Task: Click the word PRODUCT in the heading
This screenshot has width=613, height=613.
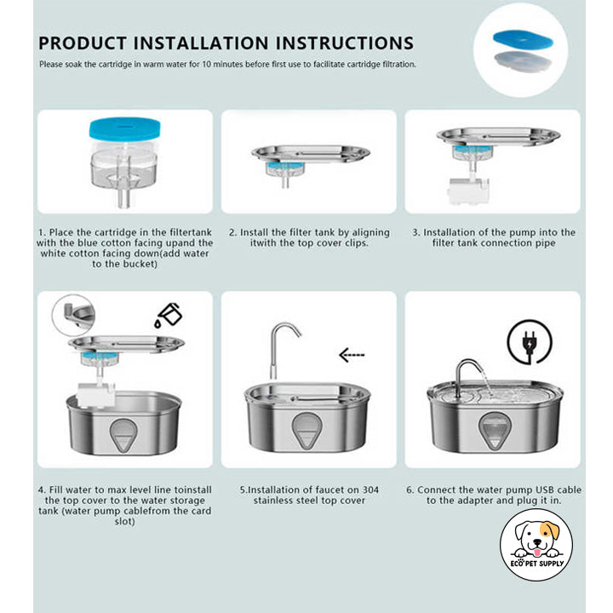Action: coord(83,43)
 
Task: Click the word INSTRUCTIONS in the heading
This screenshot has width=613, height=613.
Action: coord(345,43)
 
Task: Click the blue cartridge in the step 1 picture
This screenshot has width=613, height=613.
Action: coord(124,129)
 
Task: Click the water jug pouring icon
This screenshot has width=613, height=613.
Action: coord(169,315)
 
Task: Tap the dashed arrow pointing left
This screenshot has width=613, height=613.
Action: coord(352,355)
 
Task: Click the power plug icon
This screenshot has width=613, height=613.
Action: coord(530,342)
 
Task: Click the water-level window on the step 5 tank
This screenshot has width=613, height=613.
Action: coord(306,430)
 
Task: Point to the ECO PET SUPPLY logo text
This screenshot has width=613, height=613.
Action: coord(537,564)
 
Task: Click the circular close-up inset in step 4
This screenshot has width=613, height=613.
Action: coord(73,316)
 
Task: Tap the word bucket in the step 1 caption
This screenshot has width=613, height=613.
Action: coord(142,264)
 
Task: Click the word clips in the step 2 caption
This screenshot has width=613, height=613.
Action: coord(357,243)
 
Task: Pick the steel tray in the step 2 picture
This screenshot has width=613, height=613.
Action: coord(311,153)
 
